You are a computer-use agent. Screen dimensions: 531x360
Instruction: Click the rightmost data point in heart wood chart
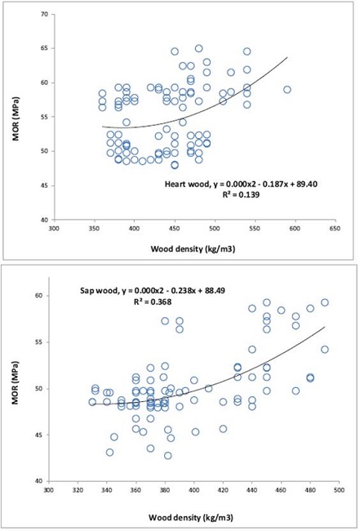pos(287,90)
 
